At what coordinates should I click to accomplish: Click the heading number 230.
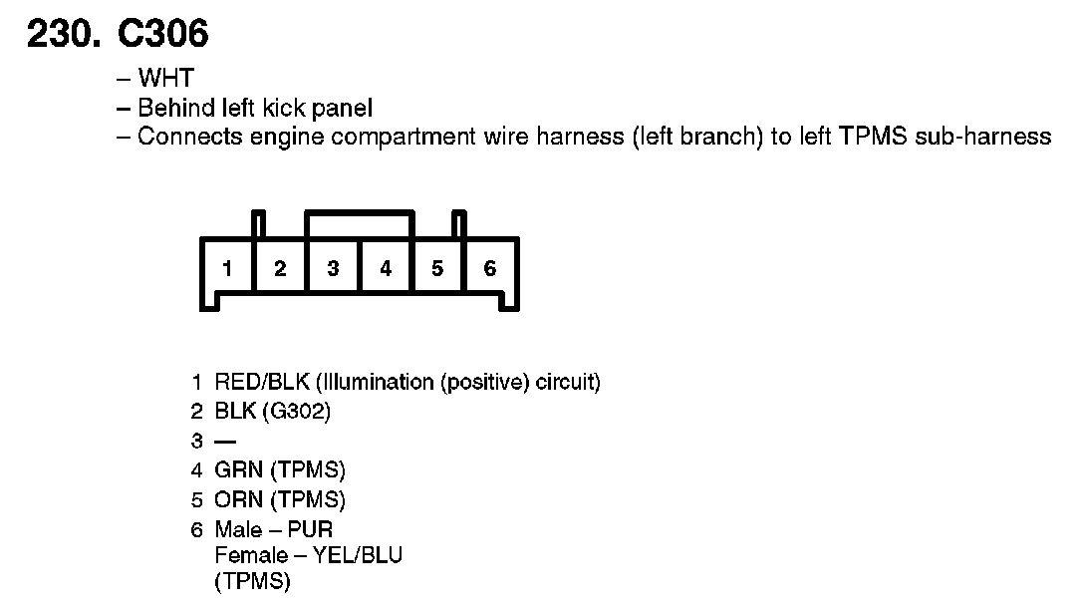(64, 35)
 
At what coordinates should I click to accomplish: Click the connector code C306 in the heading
(163, 35)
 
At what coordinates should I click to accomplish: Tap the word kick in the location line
(280, 108)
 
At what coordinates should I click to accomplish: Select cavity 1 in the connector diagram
(228, 268)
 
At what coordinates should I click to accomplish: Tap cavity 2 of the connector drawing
(281, 268)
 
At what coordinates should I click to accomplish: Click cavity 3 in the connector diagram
(333, 268)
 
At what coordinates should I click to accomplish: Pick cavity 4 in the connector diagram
(386, 268)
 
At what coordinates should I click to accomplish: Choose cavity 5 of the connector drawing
(437, 268)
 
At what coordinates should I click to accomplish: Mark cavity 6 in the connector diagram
(490, 268)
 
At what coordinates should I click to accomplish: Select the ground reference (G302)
(300, 412)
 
